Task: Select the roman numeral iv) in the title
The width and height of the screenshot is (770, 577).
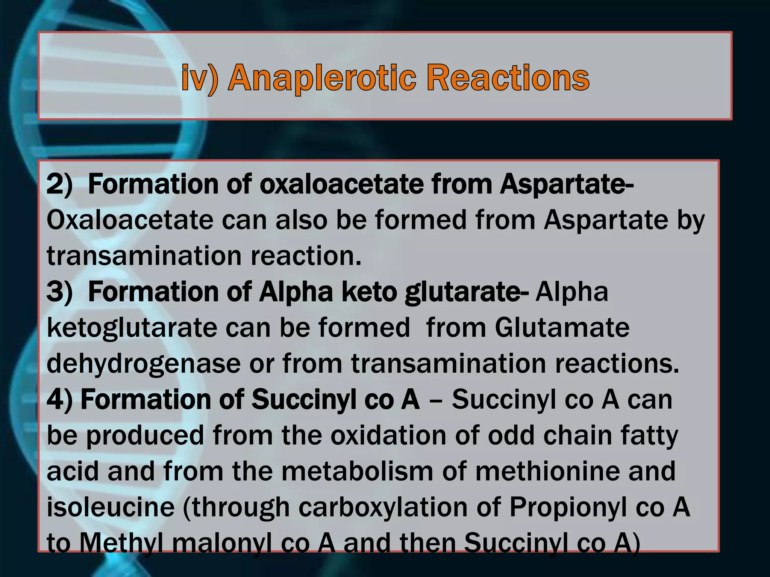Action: [199, 78]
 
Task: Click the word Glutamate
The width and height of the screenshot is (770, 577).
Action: [562, 328]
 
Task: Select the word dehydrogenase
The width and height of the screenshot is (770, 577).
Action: [143, 364]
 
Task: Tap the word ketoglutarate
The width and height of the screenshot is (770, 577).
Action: [132, 328]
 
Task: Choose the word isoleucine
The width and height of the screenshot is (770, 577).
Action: [111, 507]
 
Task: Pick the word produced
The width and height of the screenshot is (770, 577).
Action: [145, 436]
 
